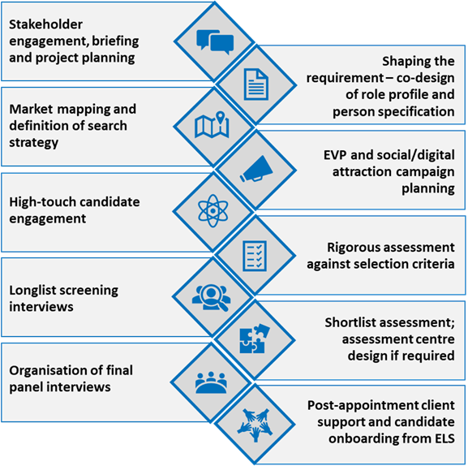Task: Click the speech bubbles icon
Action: point(215,41)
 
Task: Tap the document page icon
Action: point(255,84)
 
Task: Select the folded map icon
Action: point(212,125)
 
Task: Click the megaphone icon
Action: point(257,169)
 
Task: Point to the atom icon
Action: point(213,211)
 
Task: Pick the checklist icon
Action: point(255,256)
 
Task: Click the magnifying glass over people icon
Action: point(212,297)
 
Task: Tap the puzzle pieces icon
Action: point(255,339)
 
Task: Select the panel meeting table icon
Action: point(211,382)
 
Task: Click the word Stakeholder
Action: point(45,24)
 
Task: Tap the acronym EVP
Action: point(335,155)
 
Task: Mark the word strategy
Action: point(34,143)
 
